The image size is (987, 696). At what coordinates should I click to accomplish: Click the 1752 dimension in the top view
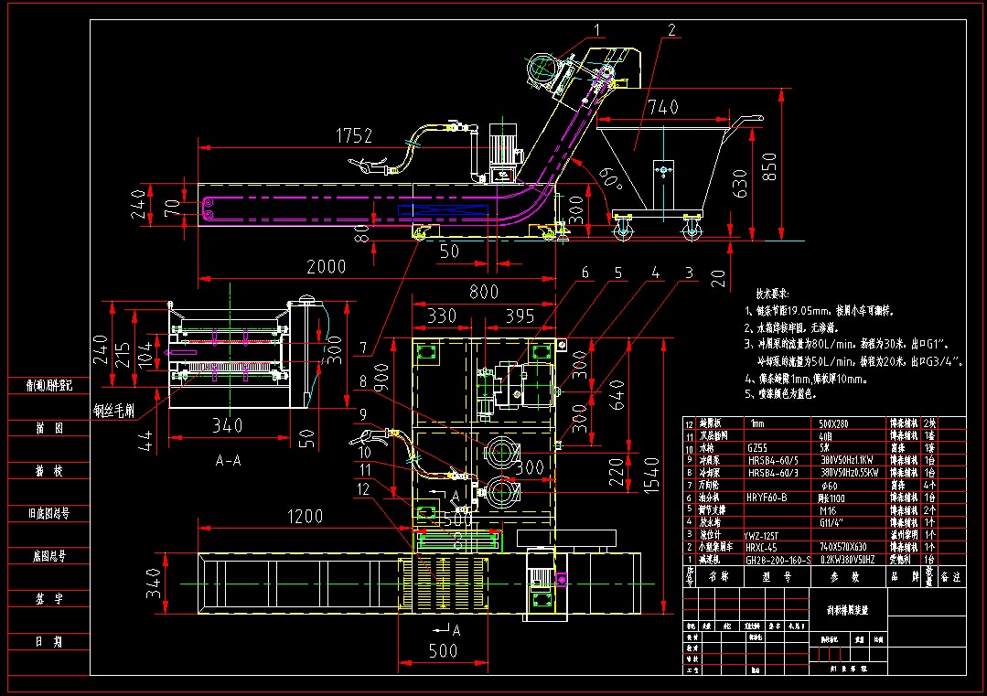pos(354,136)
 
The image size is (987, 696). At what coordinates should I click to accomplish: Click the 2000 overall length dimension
pos(327,267)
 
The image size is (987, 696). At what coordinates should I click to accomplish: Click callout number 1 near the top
pos(597,30)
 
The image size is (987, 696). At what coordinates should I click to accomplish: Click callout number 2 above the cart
pos(671,30)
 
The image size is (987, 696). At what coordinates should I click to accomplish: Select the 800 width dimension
pos(484,292)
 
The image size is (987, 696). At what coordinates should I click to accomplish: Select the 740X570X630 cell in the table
pos(850,545)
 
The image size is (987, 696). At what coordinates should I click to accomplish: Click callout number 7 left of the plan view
pos(363,348)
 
